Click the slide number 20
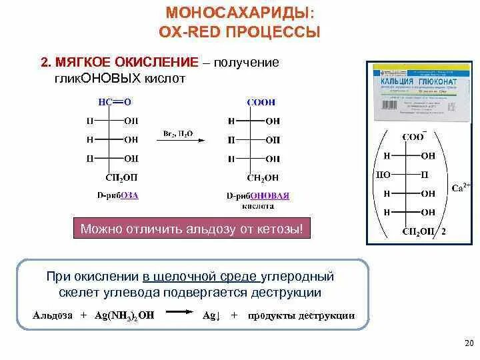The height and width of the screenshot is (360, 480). click(467, 343)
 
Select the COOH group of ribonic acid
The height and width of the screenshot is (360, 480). click(261, 102)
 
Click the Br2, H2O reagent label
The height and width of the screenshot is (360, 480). click(178, 133)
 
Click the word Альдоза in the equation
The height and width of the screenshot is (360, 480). click(53, 316)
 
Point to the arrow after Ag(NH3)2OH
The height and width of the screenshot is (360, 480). click(181, 312)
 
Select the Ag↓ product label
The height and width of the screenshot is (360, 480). click(211, 316)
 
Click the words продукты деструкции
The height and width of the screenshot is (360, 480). click(301, 316)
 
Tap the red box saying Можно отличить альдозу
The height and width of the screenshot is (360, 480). click(191, 229)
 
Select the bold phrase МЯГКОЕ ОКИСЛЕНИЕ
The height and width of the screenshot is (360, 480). click(126, 62)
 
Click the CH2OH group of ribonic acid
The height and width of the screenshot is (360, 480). click(263, 177)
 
